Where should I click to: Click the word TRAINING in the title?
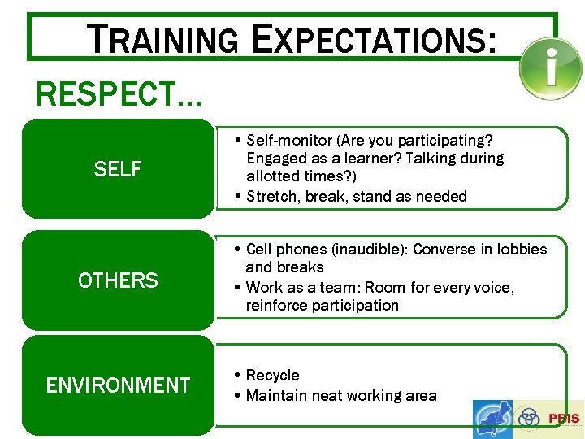coord(162,39)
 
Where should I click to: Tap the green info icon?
coord(551,68)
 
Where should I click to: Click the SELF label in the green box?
coord(118,169)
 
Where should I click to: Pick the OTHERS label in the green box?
coord(118,280)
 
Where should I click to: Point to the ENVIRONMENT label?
coord(118,385)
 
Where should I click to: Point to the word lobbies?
coord(519,249)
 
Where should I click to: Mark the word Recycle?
coord(272,375)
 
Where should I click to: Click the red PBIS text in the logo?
coord(564,419)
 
